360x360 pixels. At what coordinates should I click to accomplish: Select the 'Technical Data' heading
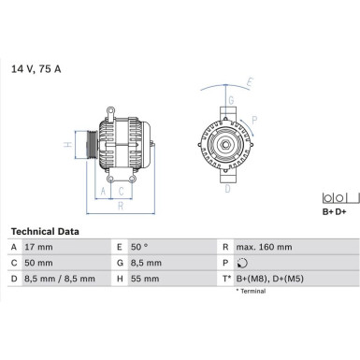pyautogui.click(x=45, y=231)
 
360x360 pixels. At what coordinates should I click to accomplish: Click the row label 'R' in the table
pyautogui.click(x=226, y=247)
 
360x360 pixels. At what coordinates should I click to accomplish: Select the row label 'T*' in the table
pyautogui.click(x=227, y=279)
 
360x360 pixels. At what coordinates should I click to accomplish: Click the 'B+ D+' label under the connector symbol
pyautogui.click(x=335, y=213)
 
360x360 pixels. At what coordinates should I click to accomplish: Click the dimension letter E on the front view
pyautogui.click(x=250, y=83)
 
